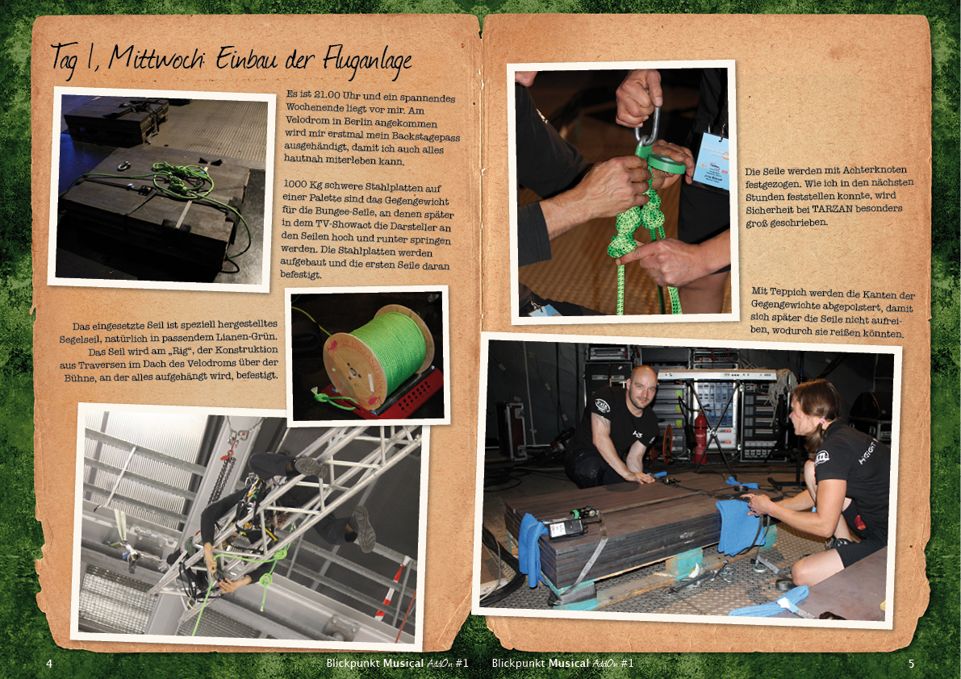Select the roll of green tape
(x=666, y=163)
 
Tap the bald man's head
(x=641, y=385)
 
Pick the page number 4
(x=50, y=663)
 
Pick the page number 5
(x=911, y=663)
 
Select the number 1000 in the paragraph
(x=295, y=185)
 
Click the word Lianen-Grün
(x=246, y=337)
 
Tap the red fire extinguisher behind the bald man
(x=700, y=435)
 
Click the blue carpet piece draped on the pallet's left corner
(x=532, y=545)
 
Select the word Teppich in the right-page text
(x=796, y=292)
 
